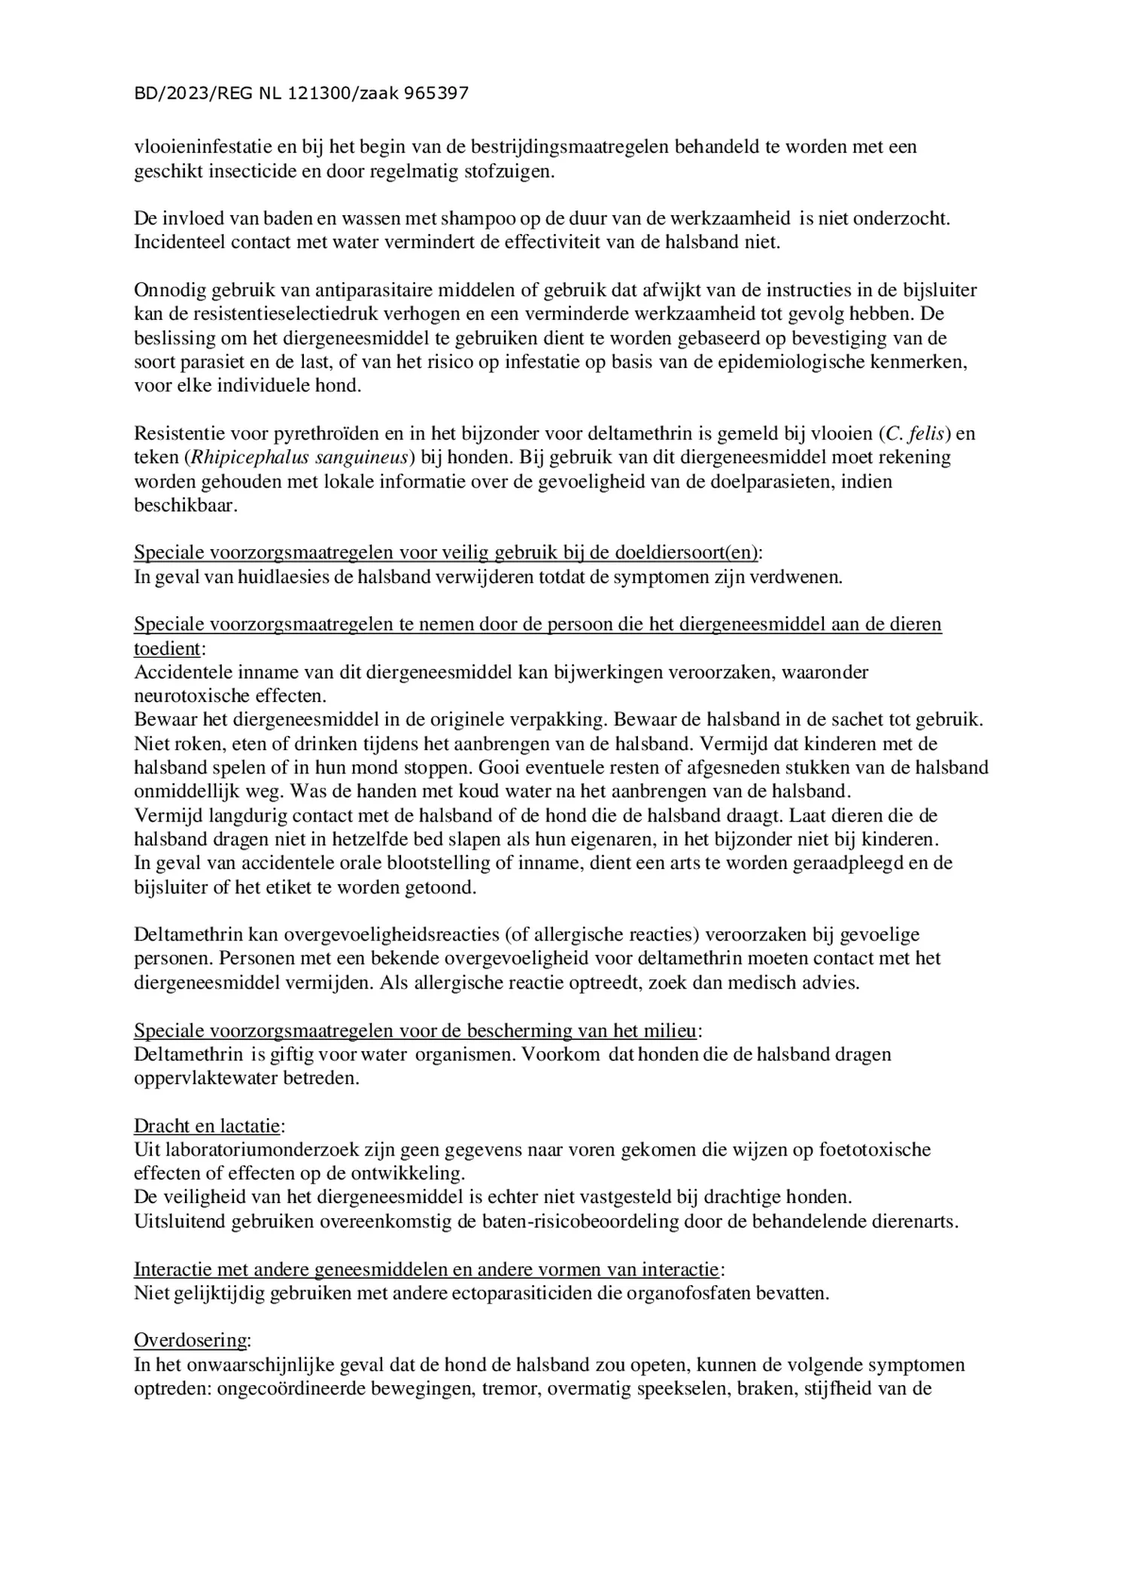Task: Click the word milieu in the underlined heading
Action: coord(673,1029)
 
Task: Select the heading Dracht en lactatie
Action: coord(207,1126)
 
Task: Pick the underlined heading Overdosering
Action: coord(191,1340)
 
